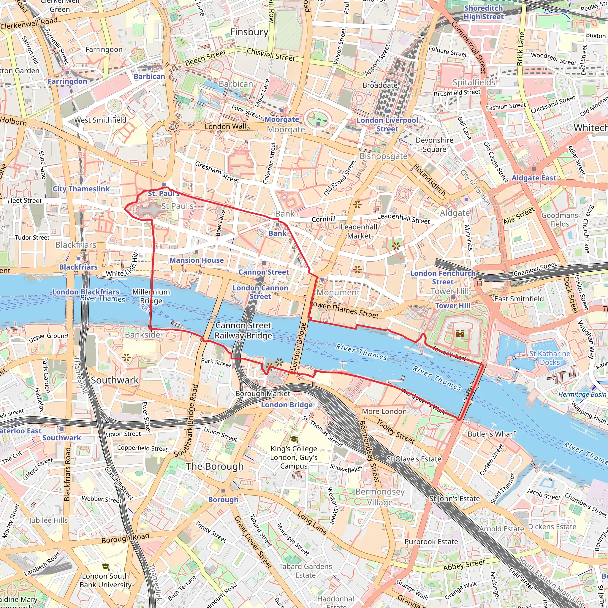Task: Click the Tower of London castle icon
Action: coord(460,333)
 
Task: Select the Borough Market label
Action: coord(263,394)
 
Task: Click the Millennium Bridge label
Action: coord(151,296)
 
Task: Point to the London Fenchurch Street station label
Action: coord(442,277)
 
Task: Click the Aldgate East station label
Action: coord(534,178)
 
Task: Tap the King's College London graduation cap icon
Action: coord(294,439)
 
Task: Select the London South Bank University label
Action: coord(105,580)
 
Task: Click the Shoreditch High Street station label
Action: coord(484,12)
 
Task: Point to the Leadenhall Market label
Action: coord(359,231)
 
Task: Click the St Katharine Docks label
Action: coord(550,358)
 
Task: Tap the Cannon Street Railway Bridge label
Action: coord(243,330)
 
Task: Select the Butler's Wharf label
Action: coord(492,434)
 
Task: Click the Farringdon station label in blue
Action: coord(67,81)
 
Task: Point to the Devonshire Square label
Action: coord(434,145)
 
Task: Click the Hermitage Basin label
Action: coord(582,395)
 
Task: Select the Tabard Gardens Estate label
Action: coord(305,571)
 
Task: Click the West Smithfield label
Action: coord(100,120)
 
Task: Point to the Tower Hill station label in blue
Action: coord(452,305)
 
